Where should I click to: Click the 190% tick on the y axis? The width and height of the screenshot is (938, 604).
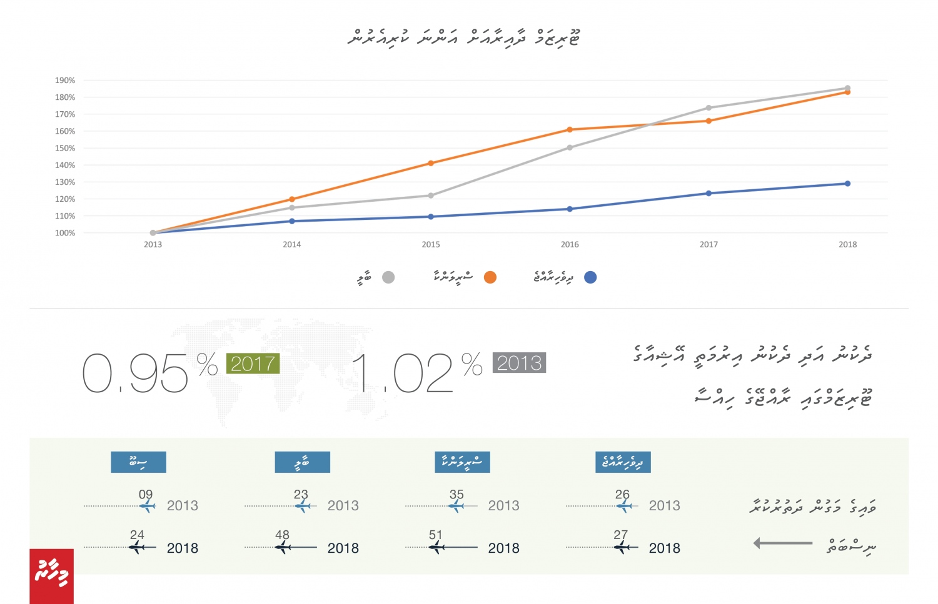click(x=65, y=81)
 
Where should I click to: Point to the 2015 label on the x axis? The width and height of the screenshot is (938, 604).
click(x=431, y=245)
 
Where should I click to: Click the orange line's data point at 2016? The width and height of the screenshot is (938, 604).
click(x=570, y=130)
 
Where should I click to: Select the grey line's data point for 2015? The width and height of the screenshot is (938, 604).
click(x=431, y=196)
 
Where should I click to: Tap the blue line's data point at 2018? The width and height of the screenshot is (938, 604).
click(x=847, y=184)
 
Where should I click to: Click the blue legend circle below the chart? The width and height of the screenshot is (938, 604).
click(x=590, y=277)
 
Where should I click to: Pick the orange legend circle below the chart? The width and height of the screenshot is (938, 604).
click(x=490, y=277)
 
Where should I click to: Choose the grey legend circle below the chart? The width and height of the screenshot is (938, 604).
click(x=388, y=277)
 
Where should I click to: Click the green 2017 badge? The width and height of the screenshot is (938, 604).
click(x=253, y=364)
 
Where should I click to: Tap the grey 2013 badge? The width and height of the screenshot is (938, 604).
click(x=519, y=363)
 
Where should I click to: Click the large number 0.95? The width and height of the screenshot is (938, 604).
click(x=135, y=374)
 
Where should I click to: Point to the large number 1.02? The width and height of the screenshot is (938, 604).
click(x=403, y=374)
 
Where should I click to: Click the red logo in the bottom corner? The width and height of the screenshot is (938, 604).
click(x=51, y=576)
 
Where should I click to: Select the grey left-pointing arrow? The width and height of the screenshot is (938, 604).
click(x=782, y=543)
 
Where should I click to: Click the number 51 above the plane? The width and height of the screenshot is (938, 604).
click(x=435, y=535)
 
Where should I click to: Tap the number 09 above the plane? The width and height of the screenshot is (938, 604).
click(x=146, y=495)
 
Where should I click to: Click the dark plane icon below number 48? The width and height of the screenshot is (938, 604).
click(x=283, y=548)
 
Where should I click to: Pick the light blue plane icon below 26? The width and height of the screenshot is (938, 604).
click(x=623, y=506)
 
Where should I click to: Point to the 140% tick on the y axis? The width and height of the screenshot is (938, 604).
click(x=65, y=166)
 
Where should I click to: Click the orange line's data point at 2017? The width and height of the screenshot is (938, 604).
click(x=709, y=121)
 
